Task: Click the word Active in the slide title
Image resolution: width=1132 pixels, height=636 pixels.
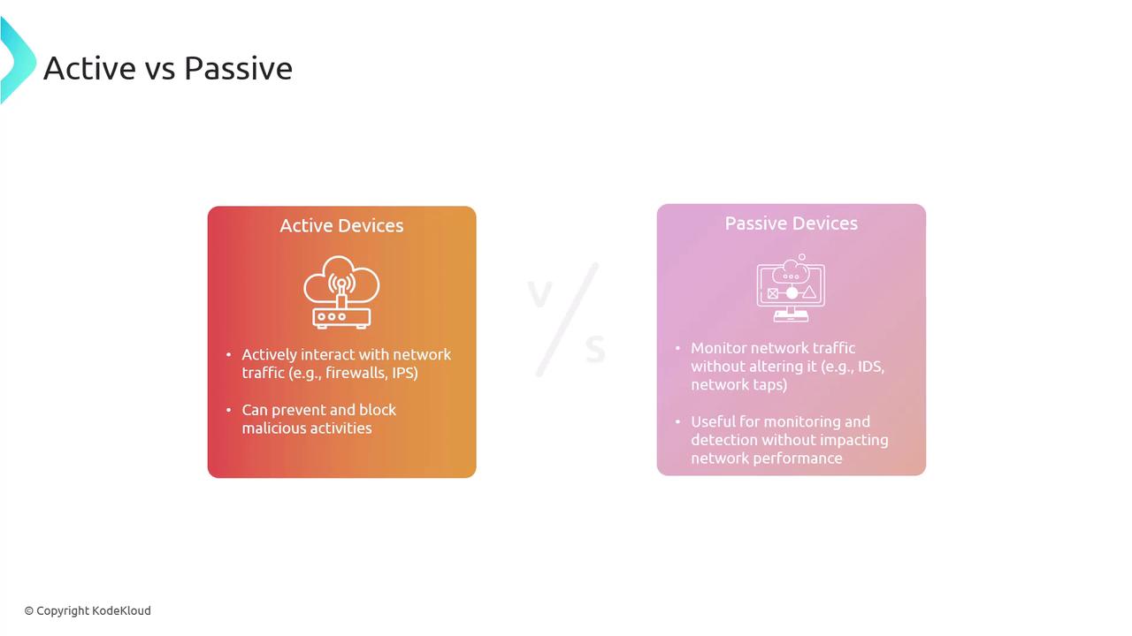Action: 89,68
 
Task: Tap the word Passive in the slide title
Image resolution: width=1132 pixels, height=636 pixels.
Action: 238,68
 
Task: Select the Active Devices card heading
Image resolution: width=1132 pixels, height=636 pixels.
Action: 341,225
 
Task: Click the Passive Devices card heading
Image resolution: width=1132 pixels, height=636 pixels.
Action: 791,223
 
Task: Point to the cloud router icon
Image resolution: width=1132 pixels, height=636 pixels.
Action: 341,292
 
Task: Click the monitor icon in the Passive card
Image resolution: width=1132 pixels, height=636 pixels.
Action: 791,288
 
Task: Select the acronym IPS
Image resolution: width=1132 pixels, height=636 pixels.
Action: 405,373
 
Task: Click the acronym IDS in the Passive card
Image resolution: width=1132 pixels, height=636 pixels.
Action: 870,366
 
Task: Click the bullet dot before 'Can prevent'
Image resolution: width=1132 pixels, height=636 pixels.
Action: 229,410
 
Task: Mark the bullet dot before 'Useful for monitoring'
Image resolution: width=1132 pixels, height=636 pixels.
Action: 677,421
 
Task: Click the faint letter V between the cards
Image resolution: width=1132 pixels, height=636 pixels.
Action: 539,294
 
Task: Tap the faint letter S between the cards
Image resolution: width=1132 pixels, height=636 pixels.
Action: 595,349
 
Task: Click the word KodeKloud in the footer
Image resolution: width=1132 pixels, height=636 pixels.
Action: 122,610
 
